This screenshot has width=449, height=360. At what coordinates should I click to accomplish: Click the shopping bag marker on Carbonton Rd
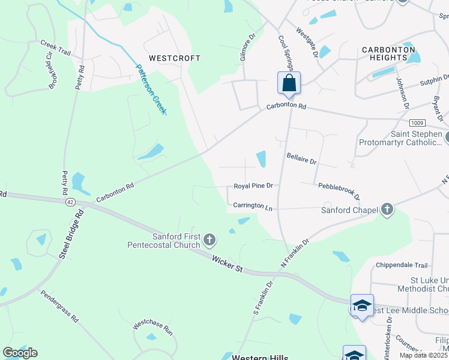289,83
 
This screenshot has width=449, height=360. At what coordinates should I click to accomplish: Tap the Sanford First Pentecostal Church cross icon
209,241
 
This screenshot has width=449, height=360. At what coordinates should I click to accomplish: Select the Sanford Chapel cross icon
387,209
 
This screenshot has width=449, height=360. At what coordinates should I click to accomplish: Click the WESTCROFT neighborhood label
174,58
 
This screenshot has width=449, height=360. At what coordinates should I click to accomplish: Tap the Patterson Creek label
151,89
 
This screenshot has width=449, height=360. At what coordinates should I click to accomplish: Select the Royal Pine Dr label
253,186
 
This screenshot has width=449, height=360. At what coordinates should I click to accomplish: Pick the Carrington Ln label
253,205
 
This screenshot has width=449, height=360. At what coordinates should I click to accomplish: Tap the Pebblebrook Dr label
339,192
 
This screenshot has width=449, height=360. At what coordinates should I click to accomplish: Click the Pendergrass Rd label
59,306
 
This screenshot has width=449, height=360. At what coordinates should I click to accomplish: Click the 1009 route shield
418,122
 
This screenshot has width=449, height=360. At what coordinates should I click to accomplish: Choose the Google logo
20,353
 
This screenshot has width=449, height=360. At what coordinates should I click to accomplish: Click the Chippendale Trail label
401,265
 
